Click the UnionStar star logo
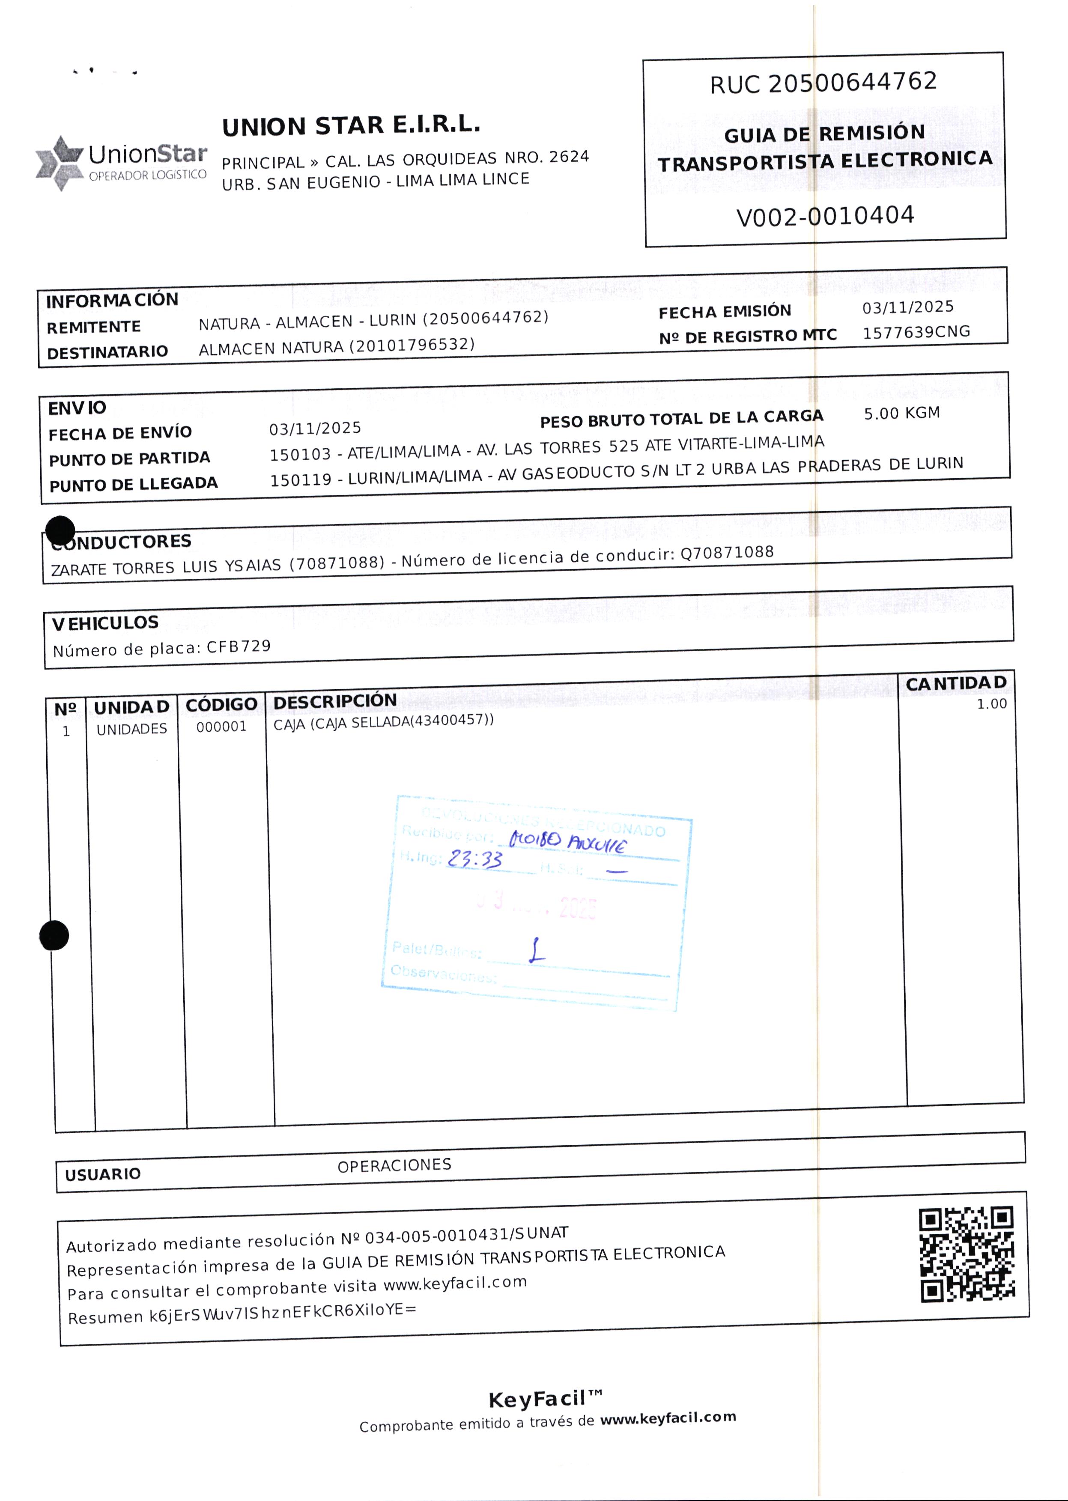click(x=59, y=163)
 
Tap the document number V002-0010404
click(x=825, y=216)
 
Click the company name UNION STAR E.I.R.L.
click(x=351, y=125)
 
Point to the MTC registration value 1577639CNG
click(x=916, y=332)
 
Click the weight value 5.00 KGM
click(x=901, y=413)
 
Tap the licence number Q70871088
click(x=727, y=552)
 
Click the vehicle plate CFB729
click(x=239, y=646)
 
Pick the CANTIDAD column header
click(x=955, y=684)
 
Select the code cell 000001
click(x=222, y=727)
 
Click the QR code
click(x=966, y=1254)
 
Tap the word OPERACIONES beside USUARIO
click(x=394, y=1165)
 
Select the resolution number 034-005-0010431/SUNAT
click(x=466, y=1236)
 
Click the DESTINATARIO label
click(x=107, y=352)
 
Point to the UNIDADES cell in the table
click(x=131, y=729)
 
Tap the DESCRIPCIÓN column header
click(x=335, y=701)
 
